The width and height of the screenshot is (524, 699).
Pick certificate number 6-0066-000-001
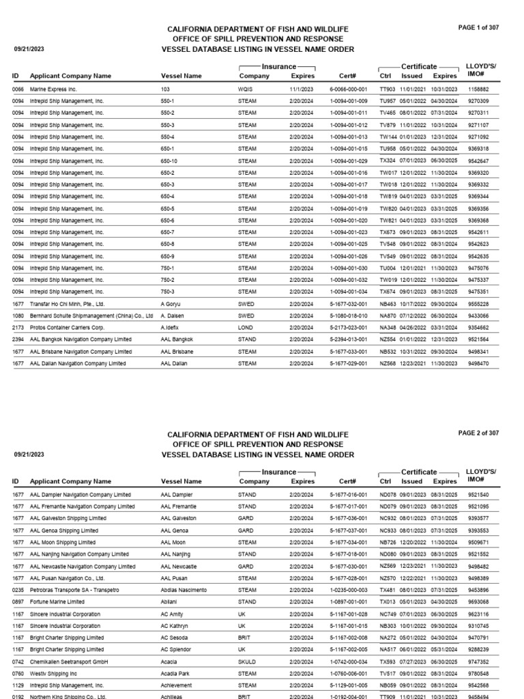(x=349, y=89)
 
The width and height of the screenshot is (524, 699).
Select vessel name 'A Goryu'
(x=172, y=304)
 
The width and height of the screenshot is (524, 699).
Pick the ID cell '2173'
(x=18, y=328)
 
